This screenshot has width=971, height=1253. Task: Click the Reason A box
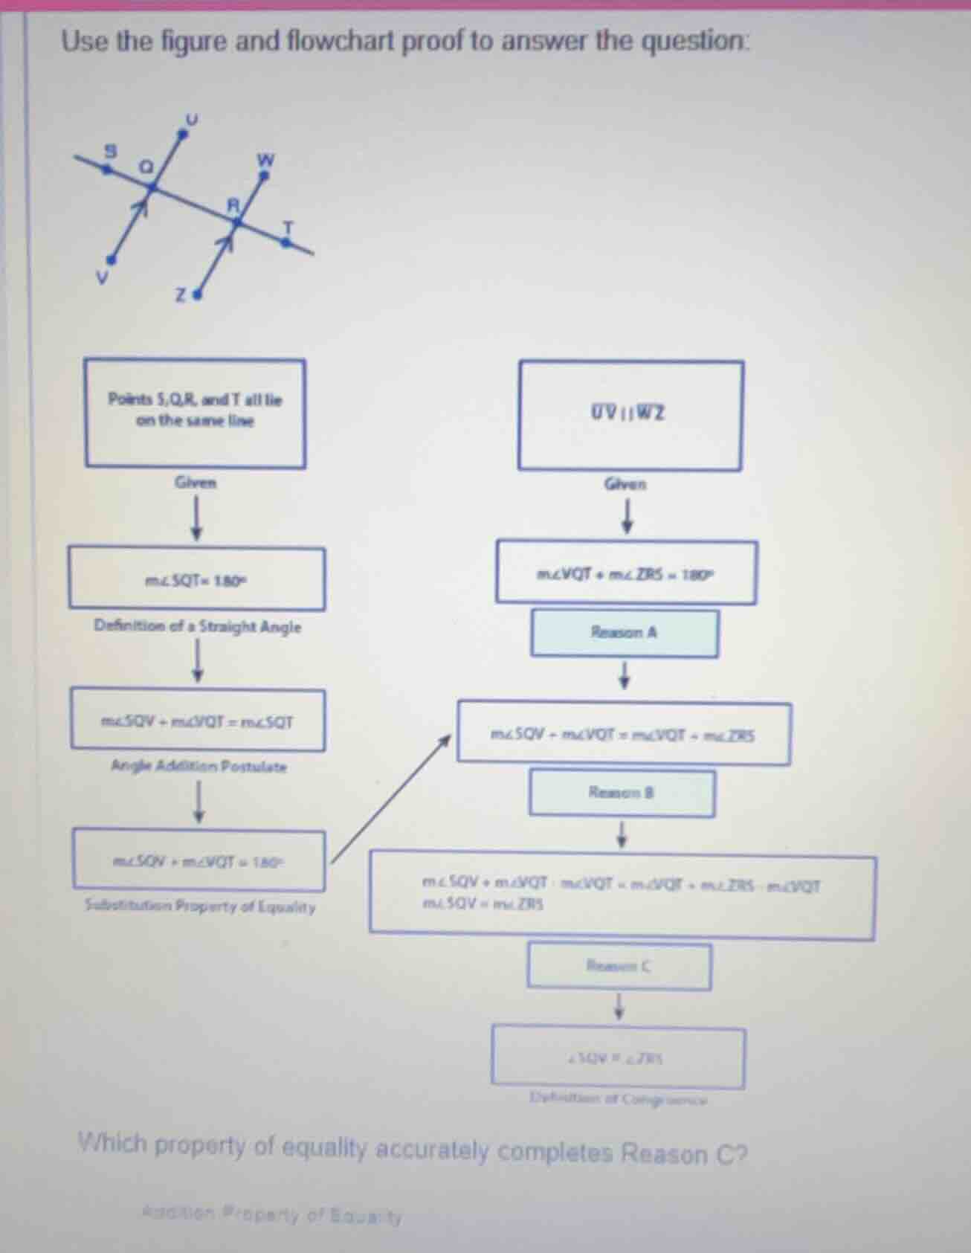point(625,634)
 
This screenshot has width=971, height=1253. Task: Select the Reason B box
point(622,793)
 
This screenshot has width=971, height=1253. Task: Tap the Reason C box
point(619,967)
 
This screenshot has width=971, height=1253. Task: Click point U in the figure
point(183,134)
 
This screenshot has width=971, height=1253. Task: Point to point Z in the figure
point(197,295)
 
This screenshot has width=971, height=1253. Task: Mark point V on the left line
point(112,260)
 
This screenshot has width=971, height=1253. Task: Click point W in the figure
point(263,175)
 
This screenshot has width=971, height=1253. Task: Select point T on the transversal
point(286,240)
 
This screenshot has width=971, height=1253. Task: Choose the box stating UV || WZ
point(630,415)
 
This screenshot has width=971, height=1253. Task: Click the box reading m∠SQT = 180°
point(197,579)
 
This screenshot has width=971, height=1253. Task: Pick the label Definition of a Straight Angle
point(198,627)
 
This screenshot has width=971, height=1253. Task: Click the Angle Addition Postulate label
point(199,766)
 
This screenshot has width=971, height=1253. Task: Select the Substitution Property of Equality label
point(200,907)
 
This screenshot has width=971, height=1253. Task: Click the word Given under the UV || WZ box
point(625,485)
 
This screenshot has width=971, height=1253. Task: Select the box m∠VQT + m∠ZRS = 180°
point(626,573)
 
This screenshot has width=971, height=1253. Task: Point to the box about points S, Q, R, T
point(195,413)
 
